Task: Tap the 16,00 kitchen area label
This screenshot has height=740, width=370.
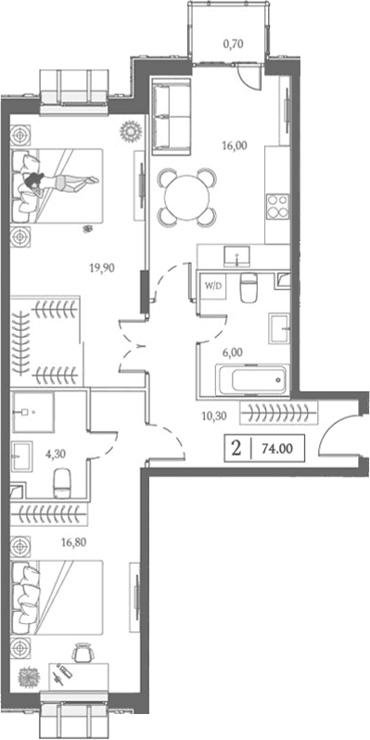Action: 234,147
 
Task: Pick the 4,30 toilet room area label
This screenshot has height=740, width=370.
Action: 57,454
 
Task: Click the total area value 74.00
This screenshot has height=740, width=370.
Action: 276,449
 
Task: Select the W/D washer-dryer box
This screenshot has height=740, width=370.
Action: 212,286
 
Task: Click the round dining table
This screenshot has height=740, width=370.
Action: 186,198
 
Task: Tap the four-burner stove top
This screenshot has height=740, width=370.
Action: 277,206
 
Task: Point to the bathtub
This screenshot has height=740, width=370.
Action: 251,380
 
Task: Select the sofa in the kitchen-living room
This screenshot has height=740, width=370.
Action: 171,117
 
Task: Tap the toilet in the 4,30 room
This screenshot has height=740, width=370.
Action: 62,481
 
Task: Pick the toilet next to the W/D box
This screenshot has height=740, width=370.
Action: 248,287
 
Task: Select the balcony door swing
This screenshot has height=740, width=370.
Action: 248,75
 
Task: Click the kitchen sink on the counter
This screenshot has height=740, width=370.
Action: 235,256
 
